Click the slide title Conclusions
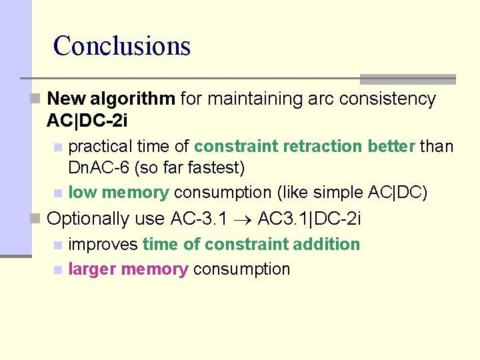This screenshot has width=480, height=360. (x=122, y=46)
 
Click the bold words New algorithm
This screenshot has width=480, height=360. (x=111, y=99)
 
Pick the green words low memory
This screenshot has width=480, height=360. (x=119, y=193)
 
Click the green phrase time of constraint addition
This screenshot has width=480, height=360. (x=251, y=244)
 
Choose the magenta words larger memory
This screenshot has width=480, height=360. (x=128, y=269)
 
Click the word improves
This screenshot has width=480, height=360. (x=103, y=244)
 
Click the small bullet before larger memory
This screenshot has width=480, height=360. (x=58, y=270)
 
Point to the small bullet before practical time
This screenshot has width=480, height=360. (x=58, y=147)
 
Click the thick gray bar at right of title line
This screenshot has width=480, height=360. (x=407, y=79)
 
